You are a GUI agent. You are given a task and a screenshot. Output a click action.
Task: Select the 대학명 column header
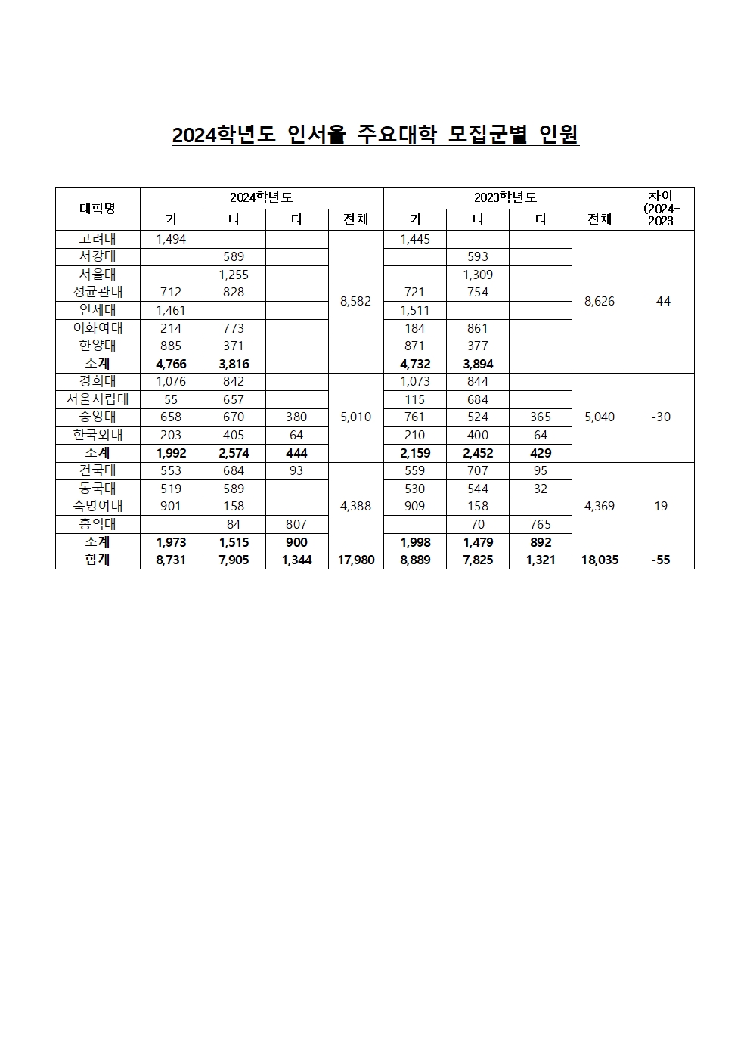(98, 208)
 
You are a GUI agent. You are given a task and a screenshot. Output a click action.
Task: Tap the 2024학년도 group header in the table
(261, 197)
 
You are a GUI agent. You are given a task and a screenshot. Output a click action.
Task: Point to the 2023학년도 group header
(505, 197)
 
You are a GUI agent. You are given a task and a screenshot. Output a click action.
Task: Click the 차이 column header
(660, 208)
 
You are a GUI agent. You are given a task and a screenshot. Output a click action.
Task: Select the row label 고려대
(98, 239)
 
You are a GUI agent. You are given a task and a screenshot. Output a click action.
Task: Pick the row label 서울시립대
(98, 399)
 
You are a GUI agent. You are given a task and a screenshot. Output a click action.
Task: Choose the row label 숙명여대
(98, 506)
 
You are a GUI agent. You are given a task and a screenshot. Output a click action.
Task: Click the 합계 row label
(98, 560)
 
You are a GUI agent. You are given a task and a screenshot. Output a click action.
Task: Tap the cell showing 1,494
(171, 239)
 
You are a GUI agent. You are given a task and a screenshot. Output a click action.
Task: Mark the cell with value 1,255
(234, 275)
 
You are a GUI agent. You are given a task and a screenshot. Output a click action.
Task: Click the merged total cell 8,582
(355, 301)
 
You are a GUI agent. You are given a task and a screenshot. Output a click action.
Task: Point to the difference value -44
(660, 301)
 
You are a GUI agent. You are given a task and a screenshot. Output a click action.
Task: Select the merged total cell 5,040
(600, 417)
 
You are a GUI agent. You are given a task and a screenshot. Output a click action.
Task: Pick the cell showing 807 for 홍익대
(296, 524)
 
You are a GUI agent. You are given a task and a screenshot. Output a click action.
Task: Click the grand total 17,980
(355, 560)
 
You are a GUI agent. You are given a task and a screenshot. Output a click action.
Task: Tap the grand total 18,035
(600, 560)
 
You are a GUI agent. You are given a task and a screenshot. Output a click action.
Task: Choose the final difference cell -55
(660, 560)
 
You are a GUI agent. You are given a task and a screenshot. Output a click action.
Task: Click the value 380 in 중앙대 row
(296, 417)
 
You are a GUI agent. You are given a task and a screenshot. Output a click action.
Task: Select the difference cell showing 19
(660, 506)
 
